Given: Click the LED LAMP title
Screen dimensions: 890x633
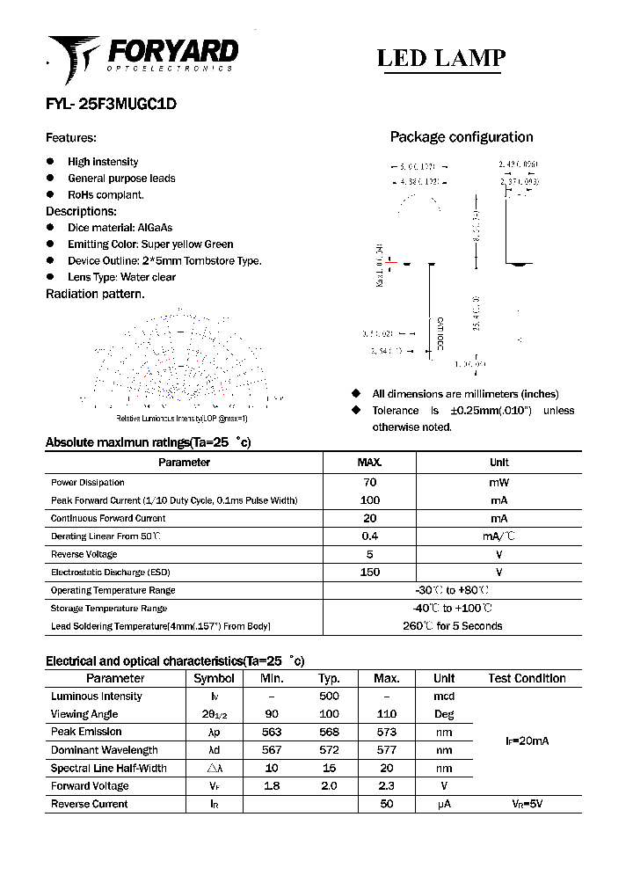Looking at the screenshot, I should (440, 58).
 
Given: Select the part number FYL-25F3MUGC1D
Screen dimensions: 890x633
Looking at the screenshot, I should (111, 103).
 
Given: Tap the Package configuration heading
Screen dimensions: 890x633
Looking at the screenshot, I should (461, 137).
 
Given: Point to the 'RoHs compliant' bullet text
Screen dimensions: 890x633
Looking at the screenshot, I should (105, 194).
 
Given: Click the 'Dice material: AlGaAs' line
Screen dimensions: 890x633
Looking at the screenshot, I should (120, 228).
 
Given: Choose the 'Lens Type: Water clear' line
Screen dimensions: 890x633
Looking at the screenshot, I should (121, 277).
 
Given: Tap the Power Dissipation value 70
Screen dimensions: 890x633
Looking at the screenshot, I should (369, 483).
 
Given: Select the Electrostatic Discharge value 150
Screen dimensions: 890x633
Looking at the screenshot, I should (369, 573).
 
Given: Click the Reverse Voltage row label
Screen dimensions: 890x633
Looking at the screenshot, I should (84, 555).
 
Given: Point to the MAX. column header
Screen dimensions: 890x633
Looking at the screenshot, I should (369, 463).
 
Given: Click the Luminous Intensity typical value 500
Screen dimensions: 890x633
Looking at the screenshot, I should (329, 697).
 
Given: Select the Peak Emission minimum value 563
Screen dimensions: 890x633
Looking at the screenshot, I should (272, 732).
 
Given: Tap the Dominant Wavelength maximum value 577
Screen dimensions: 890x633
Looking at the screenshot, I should (386, 750).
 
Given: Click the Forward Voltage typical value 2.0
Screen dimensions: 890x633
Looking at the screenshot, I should (329, 786).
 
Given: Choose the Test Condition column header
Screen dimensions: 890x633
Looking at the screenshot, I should (527, 678).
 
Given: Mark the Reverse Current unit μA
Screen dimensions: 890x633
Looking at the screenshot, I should (444, 804).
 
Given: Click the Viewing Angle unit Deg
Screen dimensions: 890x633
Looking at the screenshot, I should (444, 714).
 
